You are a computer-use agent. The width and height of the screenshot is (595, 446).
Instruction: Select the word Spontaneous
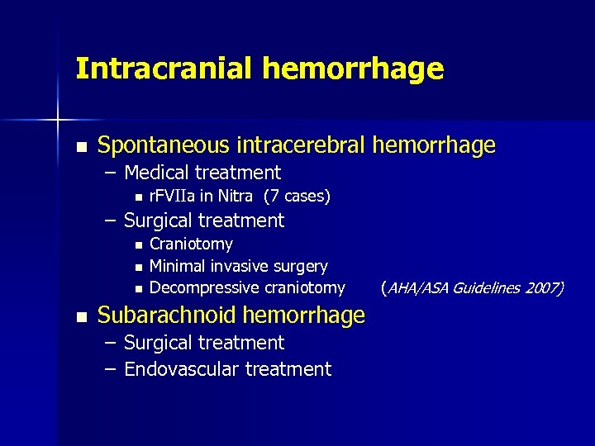click(x=163, y=146)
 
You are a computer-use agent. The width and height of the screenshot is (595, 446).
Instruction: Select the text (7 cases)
click(x=297, y=197)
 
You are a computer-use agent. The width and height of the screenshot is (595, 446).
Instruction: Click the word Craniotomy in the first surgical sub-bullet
click(x=191, y=244)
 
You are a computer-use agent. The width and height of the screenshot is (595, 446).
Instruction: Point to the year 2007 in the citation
click(x=546, y=287)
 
